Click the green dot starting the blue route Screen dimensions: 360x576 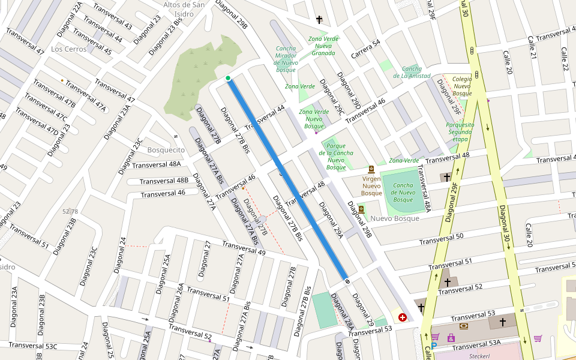[228, 78]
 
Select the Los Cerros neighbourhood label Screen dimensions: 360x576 [69, 49]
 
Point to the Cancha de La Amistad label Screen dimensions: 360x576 [412, 72]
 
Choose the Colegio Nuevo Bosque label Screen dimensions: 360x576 [462, 86]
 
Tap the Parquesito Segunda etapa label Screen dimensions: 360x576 [460, 132]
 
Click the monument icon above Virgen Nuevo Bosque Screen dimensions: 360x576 [371, 169]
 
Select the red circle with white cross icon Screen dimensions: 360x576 [402, 317]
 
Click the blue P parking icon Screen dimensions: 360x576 [434, 346]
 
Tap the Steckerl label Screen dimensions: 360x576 [480, 355]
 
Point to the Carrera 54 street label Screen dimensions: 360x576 [365, 49]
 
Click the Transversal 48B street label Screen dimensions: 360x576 [164, 181]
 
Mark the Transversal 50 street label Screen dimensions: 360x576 [441, 239]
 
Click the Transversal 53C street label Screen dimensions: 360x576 [33, 346]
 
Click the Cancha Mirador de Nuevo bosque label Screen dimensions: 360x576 [286, 59]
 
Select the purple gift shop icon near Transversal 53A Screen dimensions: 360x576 [451, 338]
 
